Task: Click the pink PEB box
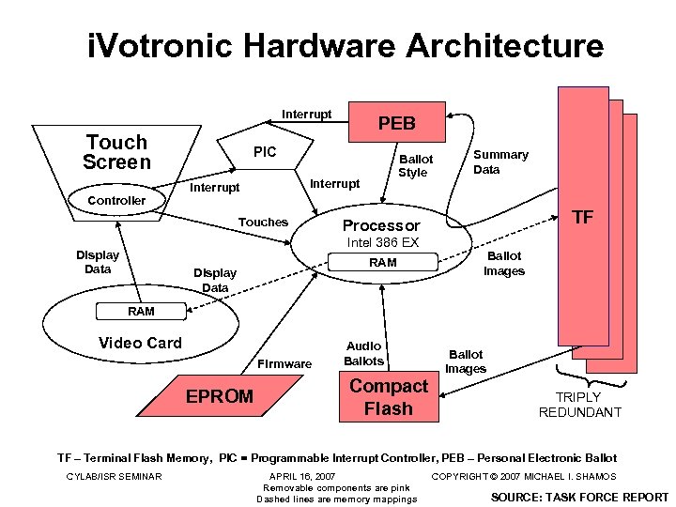coord(396,123)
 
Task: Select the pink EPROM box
coord(219,396)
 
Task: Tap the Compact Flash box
coord(388,397)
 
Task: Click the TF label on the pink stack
coord(583,217)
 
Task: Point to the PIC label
coord(265,152)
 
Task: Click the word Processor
coord(381,226)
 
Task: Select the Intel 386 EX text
coord(382,242)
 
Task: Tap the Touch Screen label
coord(116,152)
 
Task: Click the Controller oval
coord(116,200)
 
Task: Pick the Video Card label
coord(141,343)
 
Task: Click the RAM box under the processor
coord(382,264)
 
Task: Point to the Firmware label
coord(284,363)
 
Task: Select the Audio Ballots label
coord(364,353)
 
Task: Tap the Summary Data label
coord(500,161)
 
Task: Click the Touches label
coord(263,223)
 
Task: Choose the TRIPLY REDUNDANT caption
coord(579,405)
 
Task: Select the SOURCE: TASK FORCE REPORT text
coord(579,497)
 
